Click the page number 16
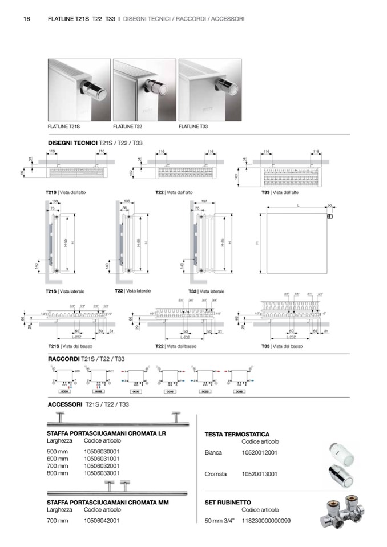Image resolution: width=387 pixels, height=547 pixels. [x=27, y=19]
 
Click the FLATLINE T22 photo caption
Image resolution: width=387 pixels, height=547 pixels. [x=127, y=126]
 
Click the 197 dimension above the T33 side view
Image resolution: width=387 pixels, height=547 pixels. [x=204, y=201]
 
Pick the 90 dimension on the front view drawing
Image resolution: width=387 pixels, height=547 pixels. [x=329, y=205]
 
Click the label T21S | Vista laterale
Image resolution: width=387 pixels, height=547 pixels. [x=65, y=291]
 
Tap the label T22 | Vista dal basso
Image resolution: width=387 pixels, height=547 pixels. [x=176, y=346]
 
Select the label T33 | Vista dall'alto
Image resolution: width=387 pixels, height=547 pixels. [x=280, y=192]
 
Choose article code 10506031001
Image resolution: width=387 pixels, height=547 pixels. [x=102, y=458]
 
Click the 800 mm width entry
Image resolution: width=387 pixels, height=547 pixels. [x=57, y=473]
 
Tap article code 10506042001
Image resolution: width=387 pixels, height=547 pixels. [x=102, y=520]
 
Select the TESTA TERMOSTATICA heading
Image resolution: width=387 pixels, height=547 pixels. [x=237, y=434]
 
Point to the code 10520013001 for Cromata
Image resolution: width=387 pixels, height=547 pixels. [x=260, y=474]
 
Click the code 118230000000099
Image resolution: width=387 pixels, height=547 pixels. [x=267, y=521]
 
